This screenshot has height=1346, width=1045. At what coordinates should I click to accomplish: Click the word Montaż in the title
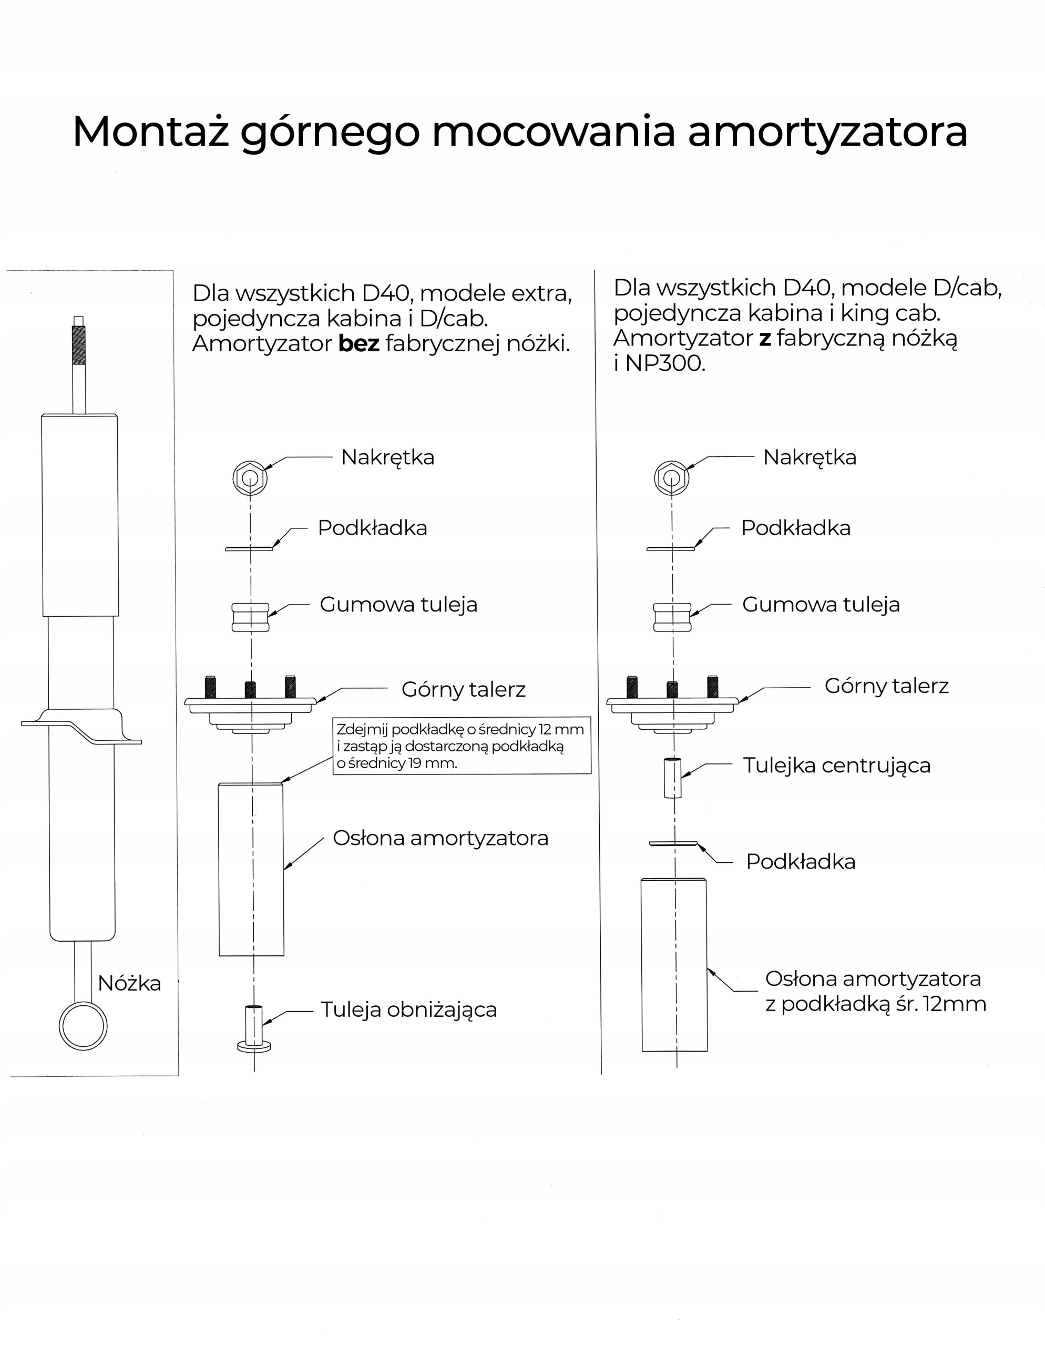pos(150,131)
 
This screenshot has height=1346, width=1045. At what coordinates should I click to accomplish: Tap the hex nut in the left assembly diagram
pos(250,477)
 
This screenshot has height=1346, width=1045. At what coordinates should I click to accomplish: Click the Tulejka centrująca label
pos(836,766)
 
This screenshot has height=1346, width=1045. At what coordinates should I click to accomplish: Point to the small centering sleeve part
pos(672,778)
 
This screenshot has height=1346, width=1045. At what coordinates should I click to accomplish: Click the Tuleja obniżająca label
pos(408,1009)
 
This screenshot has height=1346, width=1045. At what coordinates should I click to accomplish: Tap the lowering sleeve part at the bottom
pos(254,1028)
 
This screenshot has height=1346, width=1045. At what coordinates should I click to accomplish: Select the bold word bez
pos(358,343)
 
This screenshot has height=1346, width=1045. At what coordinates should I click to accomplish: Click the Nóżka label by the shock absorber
pos(129,983)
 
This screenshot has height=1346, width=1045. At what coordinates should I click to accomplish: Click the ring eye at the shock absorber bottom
pos(83,1026)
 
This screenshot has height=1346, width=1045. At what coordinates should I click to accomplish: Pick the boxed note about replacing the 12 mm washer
pos(462,746)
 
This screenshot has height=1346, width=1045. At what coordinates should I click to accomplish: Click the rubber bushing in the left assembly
pos(250,617)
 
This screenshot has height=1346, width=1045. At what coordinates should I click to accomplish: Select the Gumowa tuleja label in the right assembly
pos(820,605)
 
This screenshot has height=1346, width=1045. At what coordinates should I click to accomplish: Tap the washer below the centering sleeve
pos(673,843)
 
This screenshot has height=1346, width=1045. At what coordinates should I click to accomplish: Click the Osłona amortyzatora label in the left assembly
pos(440,838)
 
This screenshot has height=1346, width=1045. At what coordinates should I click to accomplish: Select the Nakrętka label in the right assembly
pos(809,457)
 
